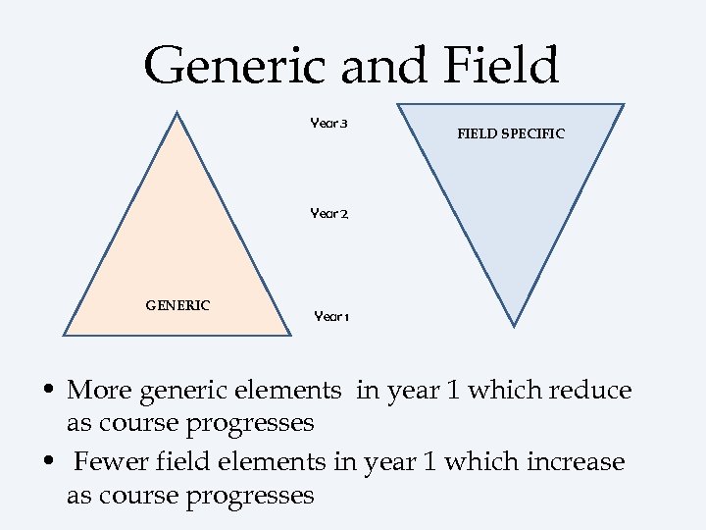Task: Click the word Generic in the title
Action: (232, 65)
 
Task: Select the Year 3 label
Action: (329, 124)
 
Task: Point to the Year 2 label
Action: (329, 213)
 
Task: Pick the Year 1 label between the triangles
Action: (331, 316)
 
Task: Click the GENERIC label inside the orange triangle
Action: (177, 305)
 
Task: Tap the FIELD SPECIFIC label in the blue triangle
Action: (511, 133)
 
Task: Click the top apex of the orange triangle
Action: (176, 113)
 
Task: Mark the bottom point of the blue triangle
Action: (514, 324)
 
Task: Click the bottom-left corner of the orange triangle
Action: (65, 334)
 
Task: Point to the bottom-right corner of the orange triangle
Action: (290, 334)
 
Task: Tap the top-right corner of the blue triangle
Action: (624, 104)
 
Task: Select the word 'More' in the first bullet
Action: (100, 391)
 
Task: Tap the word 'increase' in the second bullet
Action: (577, 460)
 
